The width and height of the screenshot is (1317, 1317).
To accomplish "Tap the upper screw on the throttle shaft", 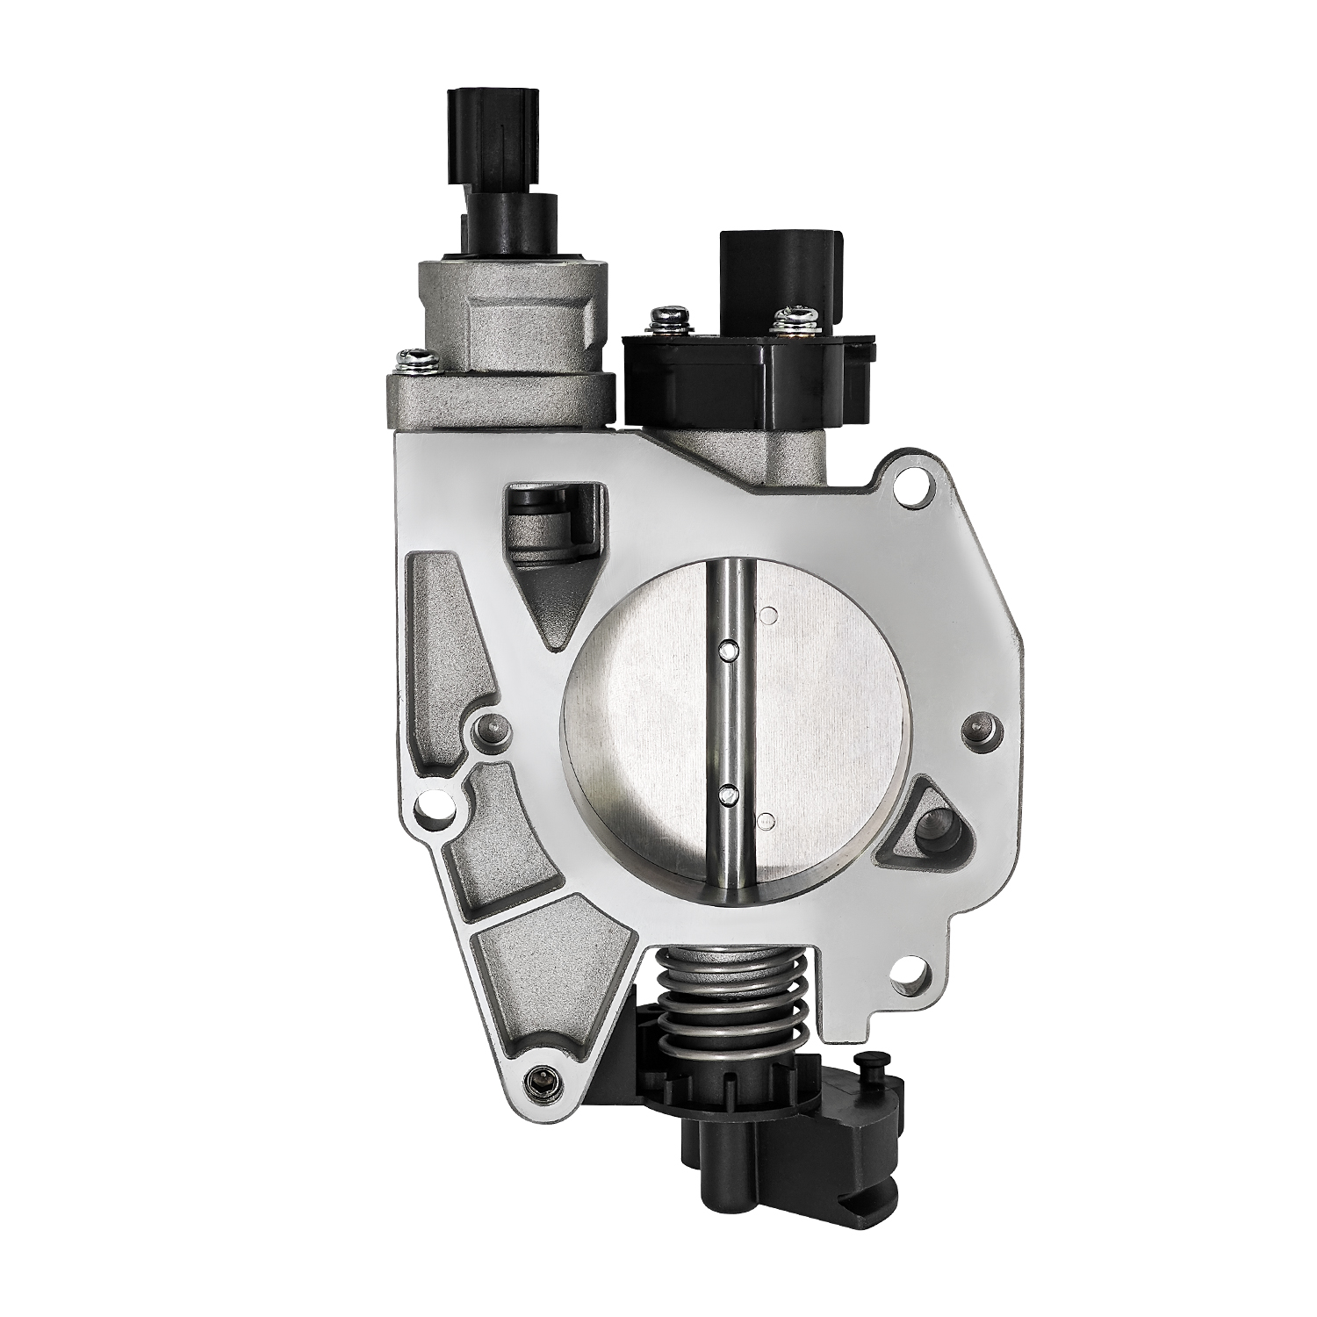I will click(x=727, y=650).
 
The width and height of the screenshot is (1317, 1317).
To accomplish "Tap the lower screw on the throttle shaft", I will click(x=727, y=795).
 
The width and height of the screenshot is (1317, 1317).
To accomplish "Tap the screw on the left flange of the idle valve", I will click(x=409, y=357).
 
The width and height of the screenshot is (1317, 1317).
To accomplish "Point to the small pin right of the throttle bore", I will click(x=975, y=725).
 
